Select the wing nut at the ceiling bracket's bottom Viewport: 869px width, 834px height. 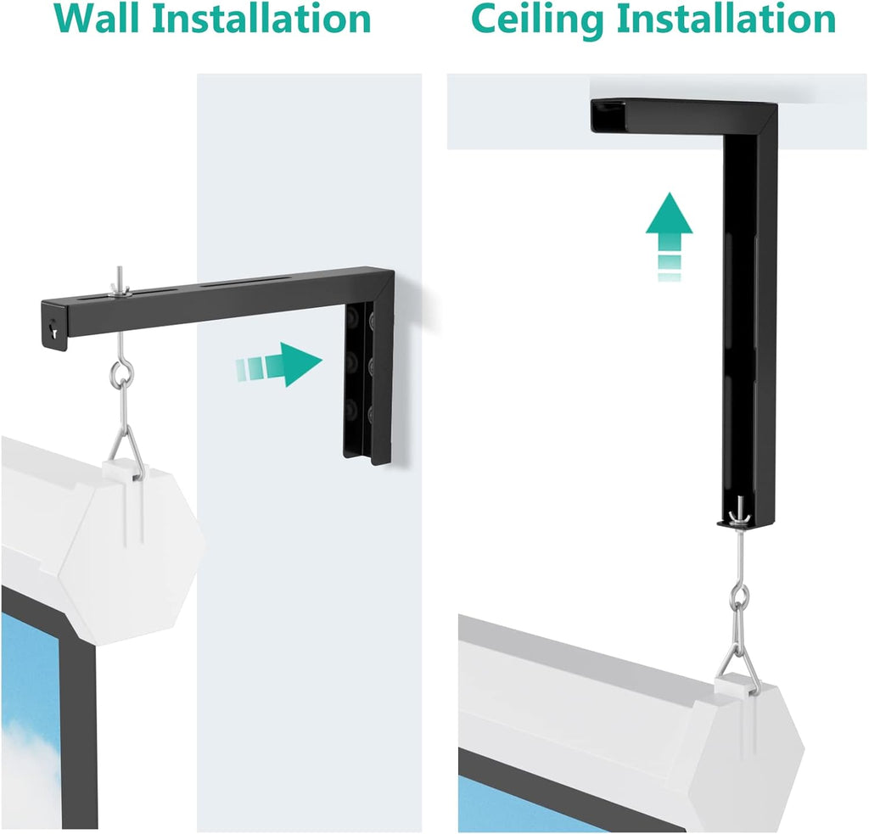pyautogui.click(x=736, y=515)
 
